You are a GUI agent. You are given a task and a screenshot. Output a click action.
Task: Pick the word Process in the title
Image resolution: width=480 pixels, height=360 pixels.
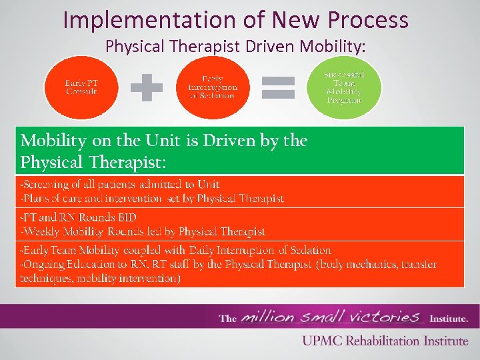click(x=371, y=20)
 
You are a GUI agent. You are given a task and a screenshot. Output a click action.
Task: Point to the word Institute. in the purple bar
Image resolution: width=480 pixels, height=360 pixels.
click(x=449, y=318)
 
